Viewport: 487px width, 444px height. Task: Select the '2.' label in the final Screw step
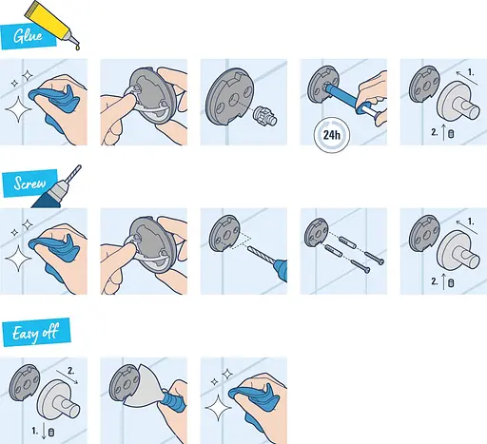tap(434, 281)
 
